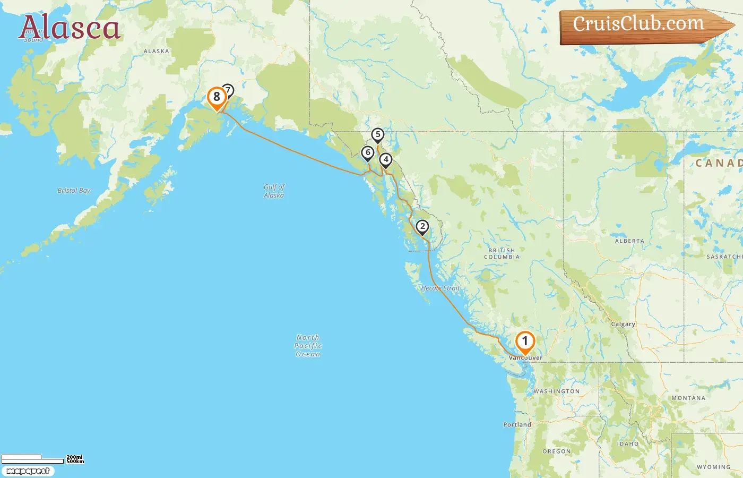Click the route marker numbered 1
pos(525,342)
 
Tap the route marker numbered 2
pos(422,227)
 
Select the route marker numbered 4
pos(386,159)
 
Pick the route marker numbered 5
pos(378,135)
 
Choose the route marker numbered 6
pos(368,153)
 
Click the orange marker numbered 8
pos(217,97)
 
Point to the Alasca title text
pos(70,28)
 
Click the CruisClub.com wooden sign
pos(642,24)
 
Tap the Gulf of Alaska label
pos(274,191)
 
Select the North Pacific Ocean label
pos(308,346)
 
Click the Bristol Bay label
pos(74,190)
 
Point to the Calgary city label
pos(623,324)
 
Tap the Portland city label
pos(517,425)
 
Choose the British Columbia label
pos(502,254)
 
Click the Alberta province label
pos(629,241)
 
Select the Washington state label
pos(557,391)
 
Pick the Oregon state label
pos(557,451)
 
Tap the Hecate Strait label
pos(440,288)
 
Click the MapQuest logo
pos(28,471)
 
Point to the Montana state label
pos(688,398)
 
